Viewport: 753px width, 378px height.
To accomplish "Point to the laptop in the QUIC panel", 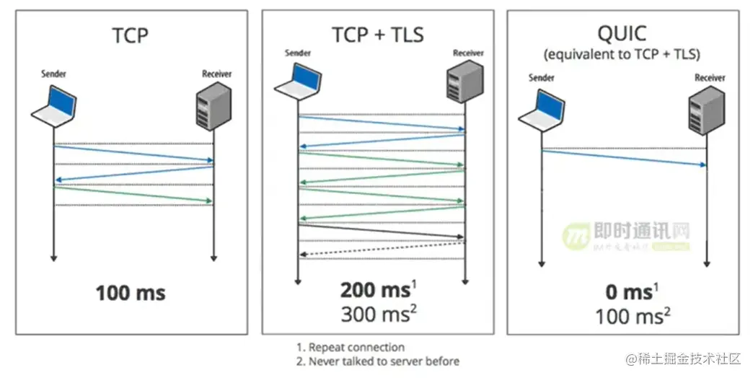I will tap(542, 110).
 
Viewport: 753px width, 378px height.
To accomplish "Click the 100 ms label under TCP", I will tap(131, 293).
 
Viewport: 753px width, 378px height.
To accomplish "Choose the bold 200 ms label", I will tap(374, 290).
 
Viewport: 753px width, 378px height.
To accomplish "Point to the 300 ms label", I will tap(374, 315).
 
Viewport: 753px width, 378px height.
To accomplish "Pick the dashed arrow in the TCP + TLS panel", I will tap(382, 248).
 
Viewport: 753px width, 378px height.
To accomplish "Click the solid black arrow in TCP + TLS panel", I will tap(381, 231).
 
